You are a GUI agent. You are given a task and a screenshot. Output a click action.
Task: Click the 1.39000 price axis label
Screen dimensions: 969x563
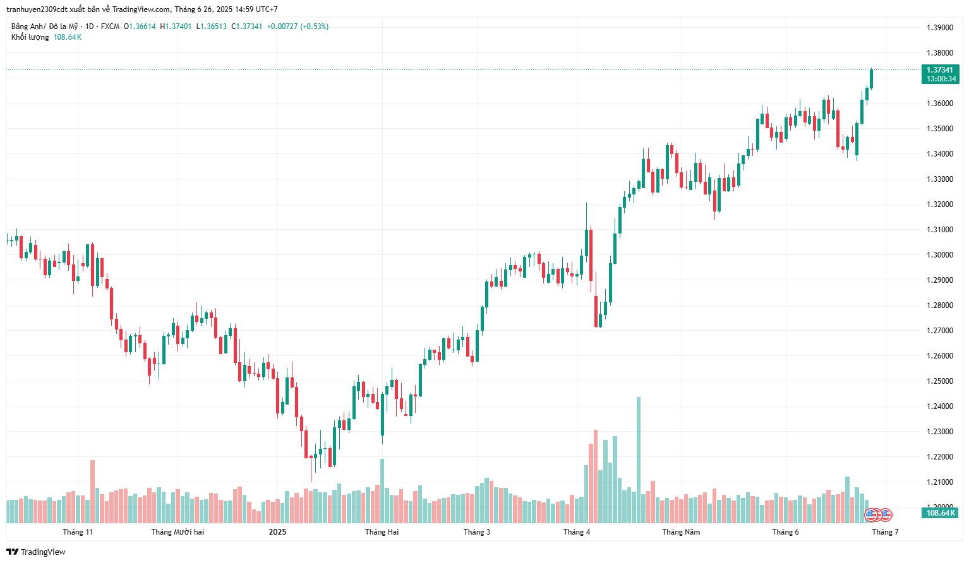tap(939, 28)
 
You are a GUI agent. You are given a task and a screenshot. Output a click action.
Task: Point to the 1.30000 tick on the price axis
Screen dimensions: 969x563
tap(939, 255)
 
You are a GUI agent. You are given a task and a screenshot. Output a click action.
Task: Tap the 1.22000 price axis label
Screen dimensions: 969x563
tap(939, 457)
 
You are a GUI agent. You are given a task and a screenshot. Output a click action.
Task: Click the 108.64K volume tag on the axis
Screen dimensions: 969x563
tap(940, 513)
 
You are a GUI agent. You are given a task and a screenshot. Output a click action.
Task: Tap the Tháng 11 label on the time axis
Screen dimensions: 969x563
tap(78, 532)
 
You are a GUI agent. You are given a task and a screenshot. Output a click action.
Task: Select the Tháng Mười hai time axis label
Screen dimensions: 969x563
tap(178, 532)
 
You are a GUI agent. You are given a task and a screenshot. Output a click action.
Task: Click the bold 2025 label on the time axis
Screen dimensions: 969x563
tap(277, 532)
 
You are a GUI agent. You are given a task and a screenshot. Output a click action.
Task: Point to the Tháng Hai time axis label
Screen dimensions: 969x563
tap(382, 532)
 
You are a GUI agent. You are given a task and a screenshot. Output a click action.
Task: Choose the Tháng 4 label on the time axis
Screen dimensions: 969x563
tap(576, 532)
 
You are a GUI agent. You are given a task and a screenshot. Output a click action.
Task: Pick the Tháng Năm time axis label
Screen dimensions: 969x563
tap(681, 532)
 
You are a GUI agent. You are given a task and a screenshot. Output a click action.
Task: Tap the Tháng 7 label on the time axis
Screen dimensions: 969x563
tap(885, 532)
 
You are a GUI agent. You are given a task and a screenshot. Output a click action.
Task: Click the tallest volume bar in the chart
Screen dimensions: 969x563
tap(639, 460)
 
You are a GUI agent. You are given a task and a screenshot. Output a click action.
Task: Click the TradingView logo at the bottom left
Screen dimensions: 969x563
tap(36, 552)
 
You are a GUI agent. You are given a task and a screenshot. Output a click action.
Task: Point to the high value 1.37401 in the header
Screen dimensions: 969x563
tap(178, 27)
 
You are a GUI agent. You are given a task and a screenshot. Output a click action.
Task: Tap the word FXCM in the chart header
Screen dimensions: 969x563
tap(110, 27)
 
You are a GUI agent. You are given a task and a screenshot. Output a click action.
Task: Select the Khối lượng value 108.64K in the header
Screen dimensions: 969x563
tap(68, 37)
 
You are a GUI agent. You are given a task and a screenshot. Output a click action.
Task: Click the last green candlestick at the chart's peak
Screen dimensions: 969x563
tap(871, 79)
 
